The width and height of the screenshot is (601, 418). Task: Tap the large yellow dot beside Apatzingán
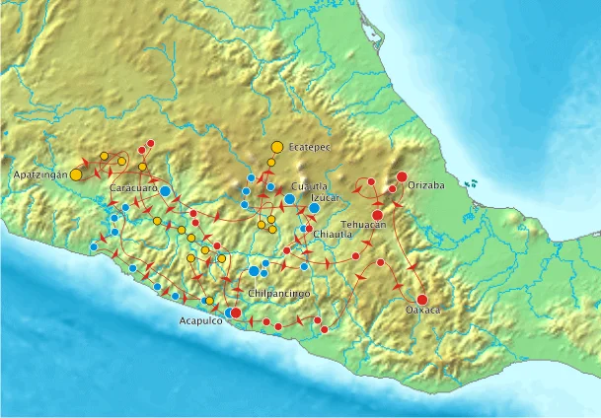pos(76,174)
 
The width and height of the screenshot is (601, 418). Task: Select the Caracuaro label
pos(133,187)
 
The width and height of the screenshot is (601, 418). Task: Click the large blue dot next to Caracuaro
pos(166,190)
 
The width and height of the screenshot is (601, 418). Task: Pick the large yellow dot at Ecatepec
pos(276,147)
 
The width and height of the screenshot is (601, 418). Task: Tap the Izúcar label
pos(325,197)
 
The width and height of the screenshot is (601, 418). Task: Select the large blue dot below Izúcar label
pos(314,208)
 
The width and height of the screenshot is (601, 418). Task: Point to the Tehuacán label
pos(363,225)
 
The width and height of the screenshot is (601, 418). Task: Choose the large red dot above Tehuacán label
pos(377,214)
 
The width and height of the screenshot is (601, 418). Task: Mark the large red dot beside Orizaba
pos(402,177)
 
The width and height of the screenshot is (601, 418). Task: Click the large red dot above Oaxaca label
pos(421,300)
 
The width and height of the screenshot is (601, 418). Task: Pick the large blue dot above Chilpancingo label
pos(254,271)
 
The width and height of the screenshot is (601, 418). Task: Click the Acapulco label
pos(201,321)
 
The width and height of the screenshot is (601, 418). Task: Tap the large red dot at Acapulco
pos(235,313)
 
